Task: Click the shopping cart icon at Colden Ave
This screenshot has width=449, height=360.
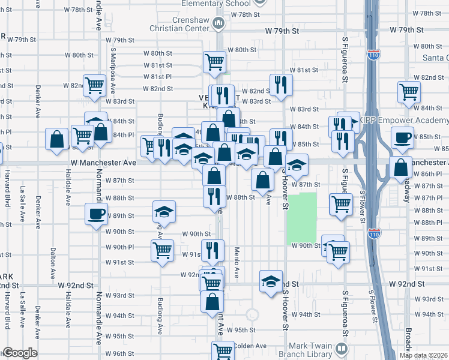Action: [223, 350]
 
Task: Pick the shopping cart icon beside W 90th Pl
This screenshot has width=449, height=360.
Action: [162, 251]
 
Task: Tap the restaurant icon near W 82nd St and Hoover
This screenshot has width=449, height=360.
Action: [280, 85]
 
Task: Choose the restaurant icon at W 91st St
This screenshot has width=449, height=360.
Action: [212, 250]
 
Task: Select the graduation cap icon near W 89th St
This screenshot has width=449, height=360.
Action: [163, 211]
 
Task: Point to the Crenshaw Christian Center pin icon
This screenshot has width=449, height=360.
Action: [220, 25]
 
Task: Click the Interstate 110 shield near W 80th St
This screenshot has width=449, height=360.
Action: [374, 54]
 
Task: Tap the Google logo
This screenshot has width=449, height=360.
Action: [20, 353]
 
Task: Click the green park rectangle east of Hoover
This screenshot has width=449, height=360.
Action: [301, 217]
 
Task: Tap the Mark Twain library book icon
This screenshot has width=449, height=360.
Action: [342, 348]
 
